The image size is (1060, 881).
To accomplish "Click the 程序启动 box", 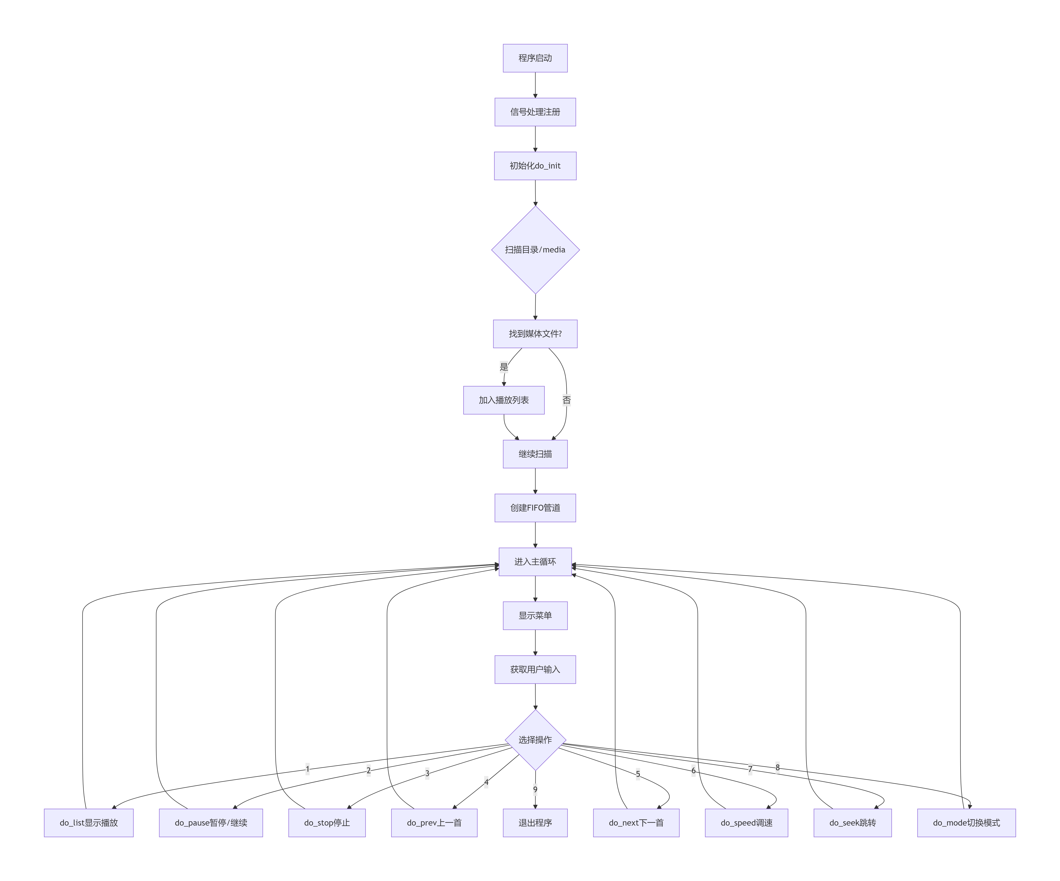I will tap(535, 58).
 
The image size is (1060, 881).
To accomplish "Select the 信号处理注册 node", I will tap(535, 112).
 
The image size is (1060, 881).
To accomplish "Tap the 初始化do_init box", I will tap(535, 166).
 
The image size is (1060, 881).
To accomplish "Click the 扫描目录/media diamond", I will tap(535, 250).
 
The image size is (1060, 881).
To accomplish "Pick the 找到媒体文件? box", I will tap(535, 334).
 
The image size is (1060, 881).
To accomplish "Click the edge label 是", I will tap(504, 367).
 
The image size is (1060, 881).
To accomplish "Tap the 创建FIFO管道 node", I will tap(535, 508).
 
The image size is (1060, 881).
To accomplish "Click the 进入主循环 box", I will tap(535, 562).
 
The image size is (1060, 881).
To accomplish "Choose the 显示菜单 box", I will tap(535, 616).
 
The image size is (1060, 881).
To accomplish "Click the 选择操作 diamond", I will tap(535, 740).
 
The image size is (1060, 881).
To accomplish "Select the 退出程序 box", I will tap(535, 823).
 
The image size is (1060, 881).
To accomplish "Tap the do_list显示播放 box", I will tap(89, 823).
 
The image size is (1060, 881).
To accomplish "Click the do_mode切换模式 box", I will tap(966, 823).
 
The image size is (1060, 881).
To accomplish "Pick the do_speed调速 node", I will tap(746, 823).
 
